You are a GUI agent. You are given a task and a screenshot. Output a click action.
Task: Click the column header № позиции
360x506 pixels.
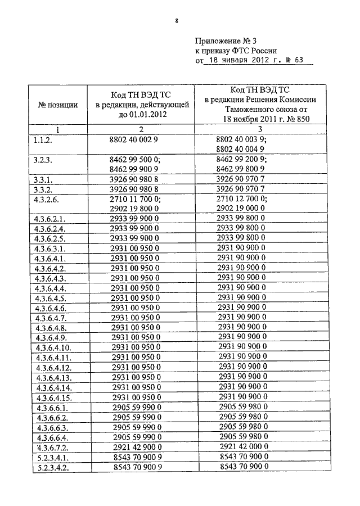click(58, 105)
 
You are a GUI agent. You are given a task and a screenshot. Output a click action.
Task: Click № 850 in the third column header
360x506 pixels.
click(298, 119)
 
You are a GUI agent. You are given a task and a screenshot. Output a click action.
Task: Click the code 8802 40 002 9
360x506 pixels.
click(137, 140)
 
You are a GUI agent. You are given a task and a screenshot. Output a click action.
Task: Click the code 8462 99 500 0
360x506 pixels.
click(137, 160)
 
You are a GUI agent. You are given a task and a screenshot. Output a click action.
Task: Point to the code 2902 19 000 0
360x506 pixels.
click(242, 208)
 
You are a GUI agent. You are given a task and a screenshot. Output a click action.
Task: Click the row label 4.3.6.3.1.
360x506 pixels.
click(50, 247)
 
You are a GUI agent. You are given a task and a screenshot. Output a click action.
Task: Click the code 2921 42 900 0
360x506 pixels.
click(137, 447)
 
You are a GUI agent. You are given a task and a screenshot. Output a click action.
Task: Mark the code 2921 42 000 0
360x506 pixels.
click(242, 447)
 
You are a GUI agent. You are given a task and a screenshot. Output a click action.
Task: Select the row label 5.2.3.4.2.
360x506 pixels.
click(51, 467)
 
